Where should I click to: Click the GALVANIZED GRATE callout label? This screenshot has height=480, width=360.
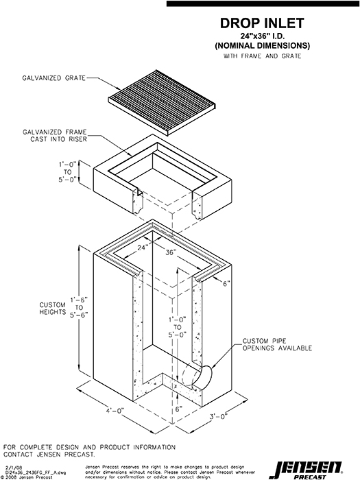[53, 79]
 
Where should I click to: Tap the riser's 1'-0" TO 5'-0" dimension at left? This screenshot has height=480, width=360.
[67, 174]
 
